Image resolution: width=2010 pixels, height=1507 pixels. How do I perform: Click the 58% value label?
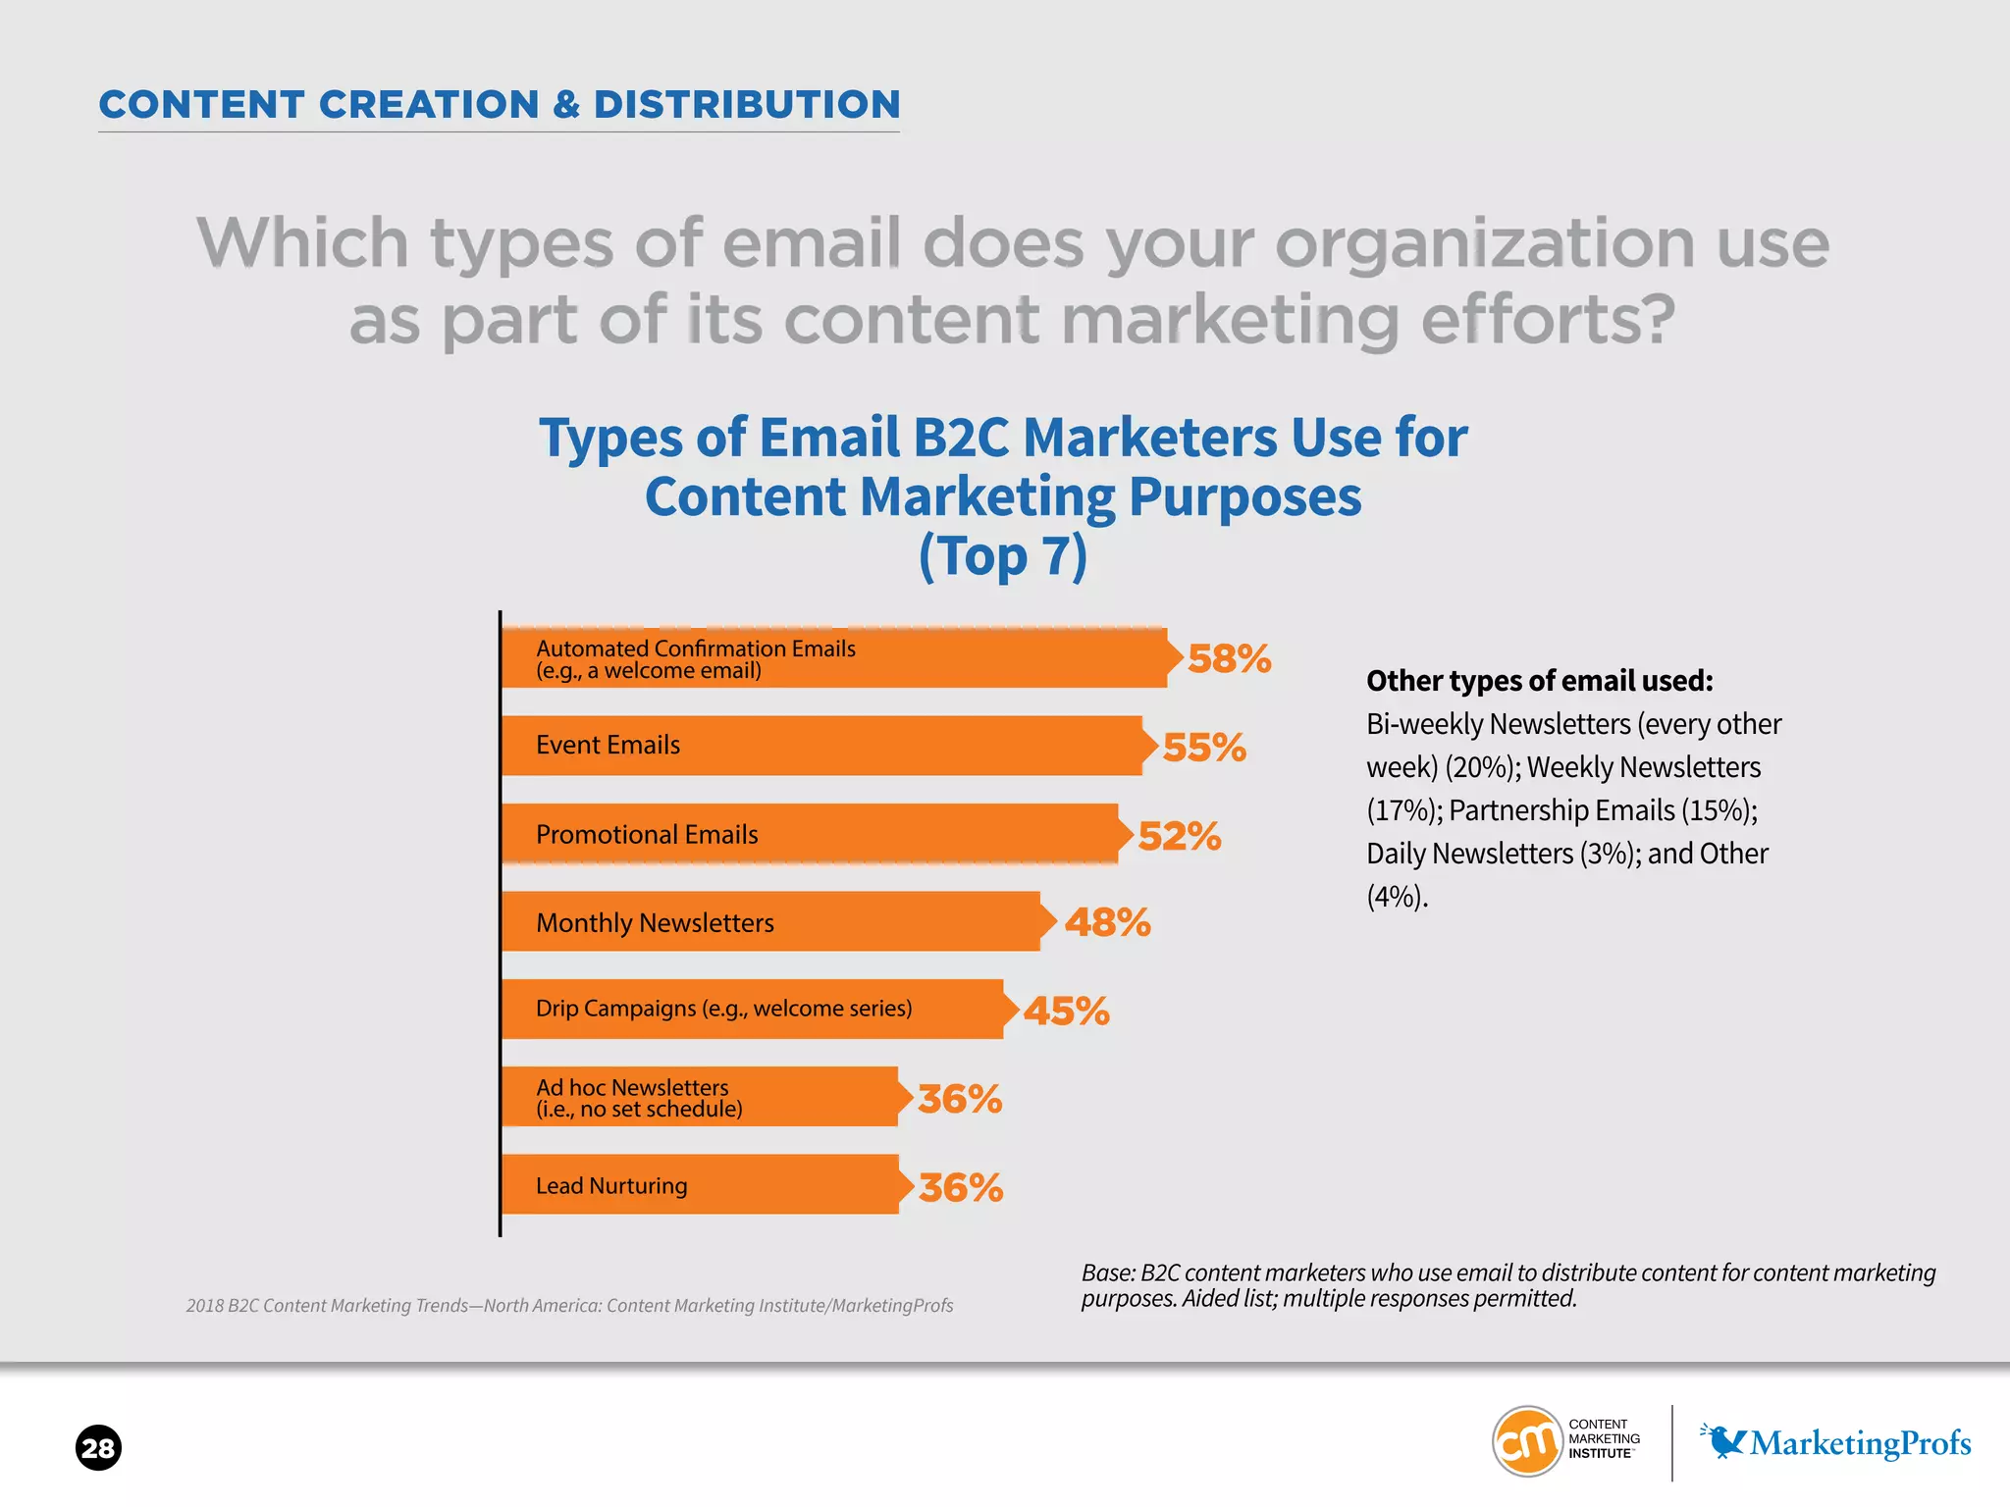(x=1229, y=658)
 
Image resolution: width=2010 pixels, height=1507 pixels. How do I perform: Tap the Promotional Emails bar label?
(x=647, y=835)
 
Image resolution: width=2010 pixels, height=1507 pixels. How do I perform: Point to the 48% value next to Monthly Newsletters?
(x=1107, y=922)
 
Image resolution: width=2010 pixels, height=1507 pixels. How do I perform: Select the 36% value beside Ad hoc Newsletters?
(x=960, y=1099)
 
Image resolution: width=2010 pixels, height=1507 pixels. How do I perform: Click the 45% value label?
(x=1066, y=1011)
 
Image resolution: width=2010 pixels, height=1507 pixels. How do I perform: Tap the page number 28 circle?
(x=98, y=1448)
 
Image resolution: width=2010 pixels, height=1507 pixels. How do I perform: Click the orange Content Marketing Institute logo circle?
(x=1526, y=1441)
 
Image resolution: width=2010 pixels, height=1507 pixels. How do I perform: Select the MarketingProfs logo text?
(x=1860, y=1443)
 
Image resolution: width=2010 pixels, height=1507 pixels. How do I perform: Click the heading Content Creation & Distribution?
(x=500, y=105)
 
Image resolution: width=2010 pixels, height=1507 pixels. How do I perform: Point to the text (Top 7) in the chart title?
(x=1003, y=556)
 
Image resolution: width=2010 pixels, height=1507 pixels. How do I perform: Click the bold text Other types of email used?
(x=1539, y=681)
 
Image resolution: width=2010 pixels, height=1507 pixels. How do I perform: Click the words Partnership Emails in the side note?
(x=1560, y=810)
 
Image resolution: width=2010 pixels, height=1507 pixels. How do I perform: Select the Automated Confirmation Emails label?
(x=696, y=649)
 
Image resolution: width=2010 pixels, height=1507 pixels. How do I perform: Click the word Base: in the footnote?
(x=1108, y=1273)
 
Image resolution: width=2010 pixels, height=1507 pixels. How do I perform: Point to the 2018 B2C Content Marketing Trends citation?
(x=569, y=1306)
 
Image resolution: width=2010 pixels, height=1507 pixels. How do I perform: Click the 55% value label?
(x=1204, y=748)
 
